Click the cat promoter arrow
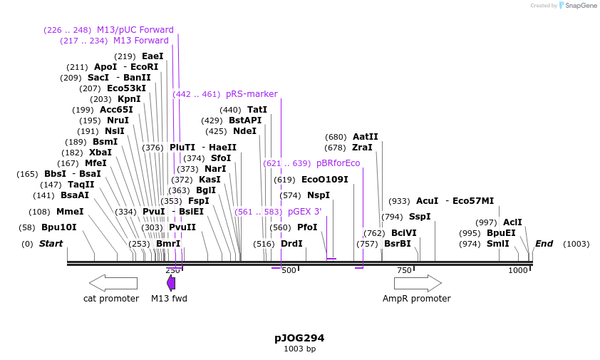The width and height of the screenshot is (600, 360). (113, 283)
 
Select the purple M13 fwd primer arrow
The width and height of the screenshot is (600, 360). (171, 283)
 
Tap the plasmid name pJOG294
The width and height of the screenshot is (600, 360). (299, 338)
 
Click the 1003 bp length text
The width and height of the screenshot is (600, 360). (299, 349)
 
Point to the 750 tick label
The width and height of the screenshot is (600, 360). (403, 271)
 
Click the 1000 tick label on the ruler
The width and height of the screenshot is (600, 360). (517, 271)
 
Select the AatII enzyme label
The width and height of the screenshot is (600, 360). (366, 137)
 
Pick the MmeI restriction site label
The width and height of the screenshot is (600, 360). (70, 212)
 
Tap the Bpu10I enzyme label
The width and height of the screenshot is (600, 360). (59, 227)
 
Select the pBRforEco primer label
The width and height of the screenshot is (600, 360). (338, 163)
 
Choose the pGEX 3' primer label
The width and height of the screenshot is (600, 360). (304, 212)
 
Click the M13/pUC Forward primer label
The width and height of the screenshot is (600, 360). (135, 30)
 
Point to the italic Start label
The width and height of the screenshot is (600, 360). (51, 244)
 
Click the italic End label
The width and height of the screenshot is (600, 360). (544, 244)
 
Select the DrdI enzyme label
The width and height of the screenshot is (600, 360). (291, 244)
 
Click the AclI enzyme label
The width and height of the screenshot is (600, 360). (512, 222)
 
